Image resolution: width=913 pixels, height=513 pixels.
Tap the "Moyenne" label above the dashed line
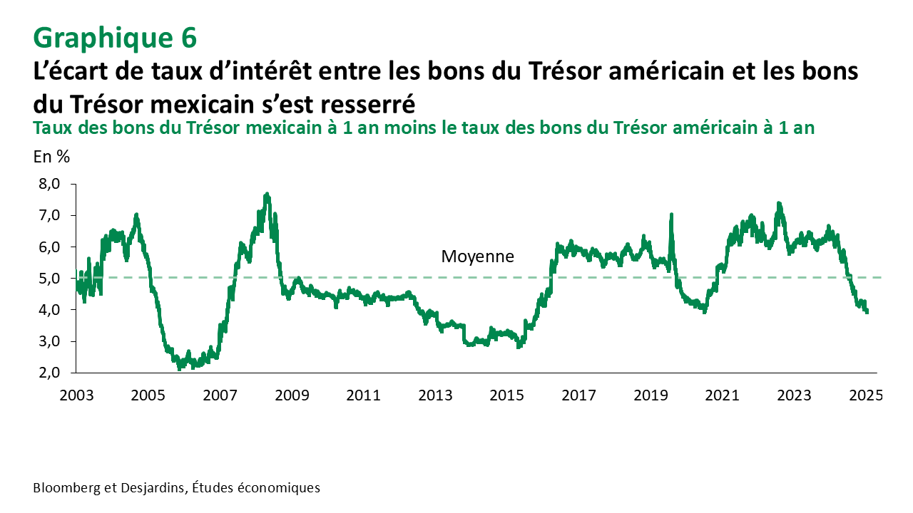[x=477, y=256]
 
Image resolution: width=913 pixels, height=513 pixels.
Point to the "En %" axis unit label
[x=51, y=157]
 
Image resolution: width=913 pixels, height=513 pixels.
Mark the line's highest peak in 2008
[x=267, y=194]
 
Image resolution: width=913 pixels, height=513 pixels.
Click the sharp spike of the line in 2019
[x=671, y=214]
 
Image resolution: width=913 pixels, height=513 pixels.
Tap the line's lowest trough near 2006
[x=179, y=368]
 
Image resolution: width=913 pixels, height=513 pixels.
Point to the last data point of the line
[x=867, y=312]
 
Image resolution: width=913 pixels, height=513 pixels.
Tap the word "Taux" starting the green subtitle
[x=51, y=128]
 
